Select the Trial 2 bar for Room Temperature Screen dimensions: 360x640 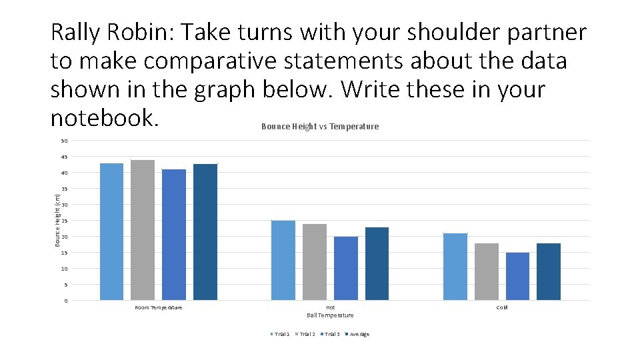(143, 230)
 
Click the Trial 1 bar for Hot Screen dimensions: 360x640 (283, 260)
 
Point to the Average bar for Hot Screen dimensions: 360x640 (377, 263)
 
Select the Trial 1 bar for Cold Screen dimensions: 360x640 (455, 267)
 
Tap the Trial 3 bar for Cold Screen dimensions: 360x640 (517, 276)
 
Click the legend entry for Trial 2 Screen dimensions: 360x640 (305, 335)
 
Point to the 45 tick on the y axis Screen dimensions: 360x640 (64, 157)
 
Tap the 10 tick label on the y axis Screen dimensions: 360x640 (64, 269)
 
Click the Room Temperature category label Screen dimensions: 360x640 (159, 307)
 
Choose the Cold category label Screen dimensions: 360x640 (502, 307)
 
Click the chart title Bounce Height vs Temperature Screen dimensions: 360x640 (320, 127)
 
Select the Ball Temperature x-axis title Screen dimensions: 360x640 (330, 315)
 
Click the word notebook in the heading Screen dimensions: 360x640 (104, 118)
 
